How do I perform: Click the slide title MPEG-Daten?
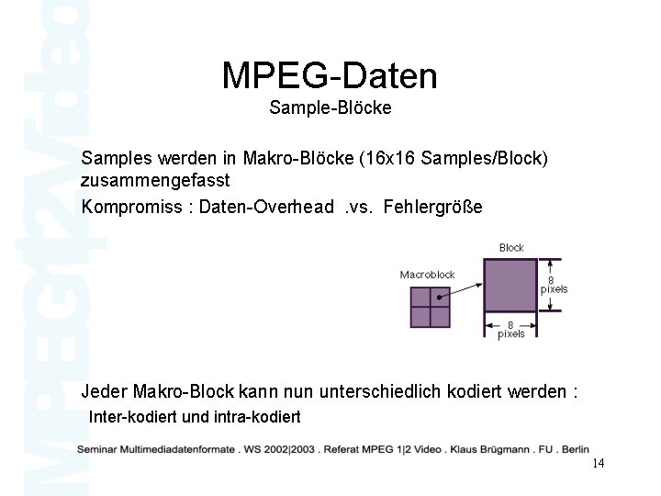point(330,75)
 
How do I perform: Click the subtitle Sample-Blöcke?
point(330,108)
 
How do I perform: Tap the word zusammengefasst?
point(155,181)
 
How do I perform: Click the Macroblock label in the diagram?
point(428,274)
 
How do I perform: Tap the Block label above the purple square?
point(511,247)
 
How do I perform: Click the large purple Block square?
point(510,285)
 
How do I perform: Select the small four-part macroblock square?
point(430,307)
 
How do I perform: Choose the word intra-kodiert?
point(256,417)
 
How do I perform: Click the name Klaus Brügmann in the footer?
point(492,449)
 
